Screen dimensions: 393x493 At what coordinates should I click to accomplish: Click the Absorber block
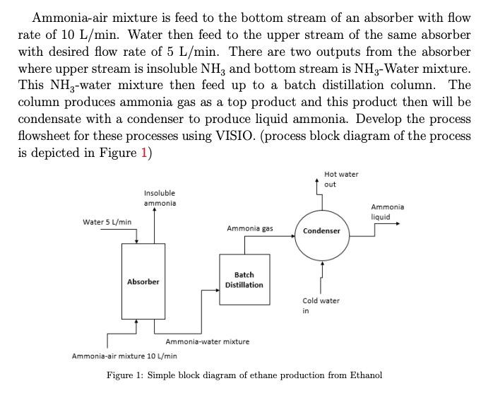(x=143, y=281)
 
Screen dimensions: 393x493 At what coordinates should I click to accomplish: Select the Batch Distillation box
(x=244, y=279)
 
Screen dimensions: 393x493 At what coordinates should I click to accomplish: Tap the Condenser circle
(x=321, y=231)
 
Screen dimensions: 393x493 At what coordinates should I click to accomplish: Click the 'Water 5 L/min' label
(x=107, y=222)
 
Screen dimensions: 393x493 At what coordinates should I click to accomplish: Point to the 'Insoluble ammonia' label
(x=159, y=198)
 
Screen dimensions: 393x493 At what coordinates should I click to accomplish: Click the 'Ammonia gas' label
(x=249, y=228)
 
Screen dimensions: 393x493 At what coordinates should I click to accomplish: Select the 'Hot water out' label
(x=341, y=179)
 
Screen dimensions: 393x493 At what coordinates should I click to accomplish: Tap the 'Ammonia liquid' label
(x=387, y=211)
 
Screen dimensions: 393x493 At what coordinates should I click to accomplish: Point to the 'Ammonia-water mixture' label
(x=207, y=341)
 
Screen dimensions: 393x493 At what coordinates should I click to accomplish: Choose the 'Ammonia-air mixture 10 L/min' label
(x=124, y=356)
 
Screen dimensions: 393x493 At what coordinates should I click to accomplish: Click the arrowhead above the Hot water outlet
(x=317, y=181)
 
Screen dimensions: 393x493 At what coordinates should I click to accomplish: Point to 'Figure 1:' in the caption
(x=126, y=375)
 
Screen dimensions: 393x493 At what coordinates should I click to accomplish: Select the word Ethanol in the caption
(x=361, y=375)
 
